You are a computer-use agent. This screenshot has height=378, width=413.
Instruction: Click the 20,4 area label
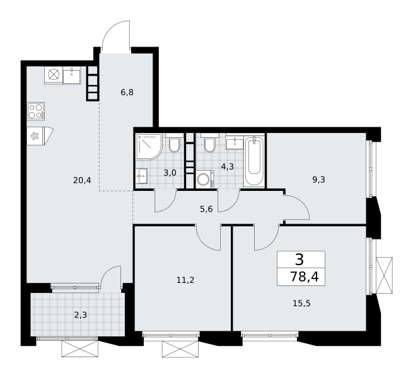[82, 180]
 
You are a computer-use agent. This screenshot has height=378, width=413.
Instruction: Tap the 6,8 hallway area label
[127, 93]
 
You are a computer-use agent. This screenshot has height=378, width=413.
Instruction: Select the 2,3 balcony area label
[80, 315]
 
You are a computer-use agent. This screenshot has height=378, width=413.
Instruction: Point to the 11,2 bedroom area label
[185, 280]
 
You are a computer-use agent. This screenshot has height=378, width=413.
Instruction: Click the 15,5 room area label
[301, 304]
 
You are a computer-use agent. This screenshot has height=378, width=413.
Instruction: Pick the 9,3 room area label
[318, 180]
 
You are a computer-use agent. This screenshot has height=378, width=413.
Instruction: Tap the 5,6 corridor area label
[206, 209]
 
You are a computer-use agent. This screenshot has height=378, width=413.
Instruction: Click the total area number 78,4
[304, 277]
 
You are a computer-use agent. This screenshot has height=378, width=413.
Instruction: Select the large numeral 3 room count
[300, 260]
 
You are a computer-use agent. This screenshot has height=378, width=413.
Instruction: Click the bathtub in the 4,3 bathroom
[254, 162]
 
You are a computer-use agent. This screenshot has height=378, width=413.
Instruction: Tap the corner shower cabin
[148, 146]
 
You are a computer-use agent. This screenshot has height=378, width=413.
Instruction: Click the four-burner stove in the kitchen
[36, 112]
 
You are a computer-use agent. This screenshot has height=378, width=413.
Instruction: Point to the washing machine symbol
[205, 180]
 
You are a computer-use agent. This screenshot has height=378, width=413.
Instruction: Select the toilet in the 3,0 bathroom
[174, 143]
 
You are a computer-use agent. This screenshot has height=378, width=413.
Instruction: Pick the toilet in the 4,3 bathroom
[210, 143]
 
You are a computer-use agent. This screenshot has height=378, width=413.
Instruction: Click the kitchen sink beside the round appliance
[72, 75]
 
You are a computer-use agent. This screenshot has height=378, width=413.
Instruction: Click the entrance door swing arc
[116, 35]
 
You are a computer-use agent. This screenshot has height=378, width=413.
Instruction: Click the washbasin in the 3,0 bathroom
[141, 176]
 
